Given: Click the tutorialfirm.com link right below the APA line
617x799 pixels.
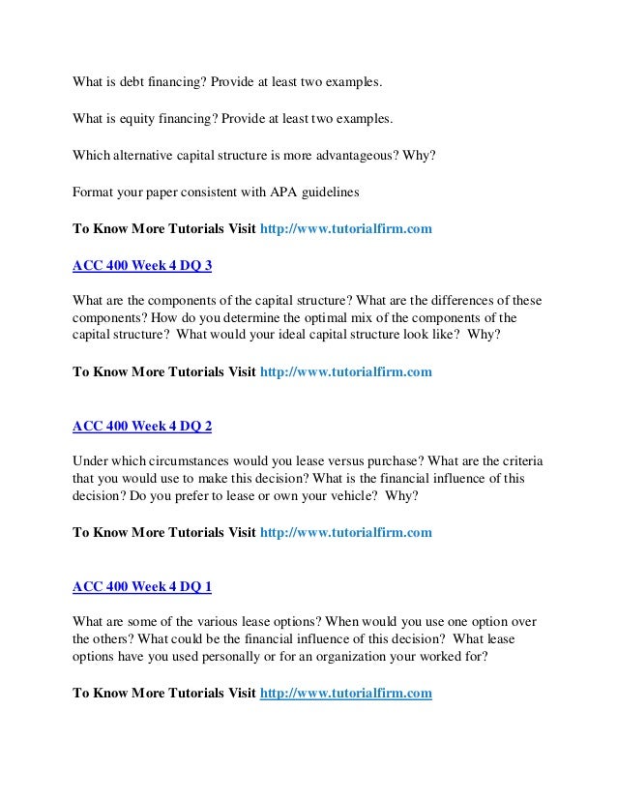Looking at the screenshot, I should [346, 230].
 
